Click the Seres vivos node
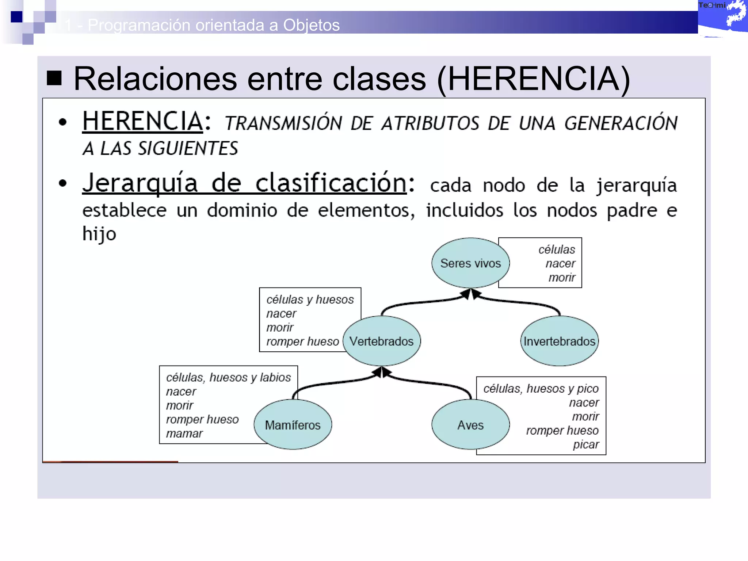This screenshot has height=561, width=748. (x=470, y=263)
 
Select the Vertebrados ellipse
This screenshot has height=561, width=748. (x=382, y=341)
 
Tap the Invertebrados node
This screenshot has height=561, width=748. (x=559, y=341)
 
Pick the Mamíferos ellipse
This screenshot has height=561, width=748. (x=293, y=425)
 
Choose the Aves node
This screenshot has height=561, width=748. (x=470, y=425)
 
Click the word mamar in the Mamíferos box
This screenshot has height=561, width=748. (x=184, y=434)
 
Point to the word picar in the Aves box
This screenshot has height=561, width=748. (x=586, y=444)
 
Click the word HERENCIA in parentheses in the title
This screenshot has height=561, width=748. (x=533, y=79)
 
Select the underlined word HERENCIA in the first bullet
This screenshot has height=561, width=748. (x=142, y=121)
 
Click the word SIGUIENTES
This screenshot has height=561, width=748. (x=188, y=149)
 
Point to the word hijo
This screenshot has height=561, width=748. (x=99, y=234)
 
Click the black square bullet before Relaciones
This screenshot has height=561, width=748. (x=54, y=78)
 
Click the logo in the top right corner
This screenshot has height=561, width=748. (x=722, y=17)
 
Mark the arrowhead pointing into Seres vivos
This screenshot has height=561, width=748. (x=470, y=293)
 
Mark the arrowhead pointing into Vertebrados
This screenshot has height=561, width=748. (x=381, y=372)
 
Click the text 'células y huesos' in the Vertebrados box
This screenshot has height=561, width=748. (x=310, y=299)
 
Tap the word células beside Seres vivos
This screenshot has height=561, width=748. (x=557, y=249)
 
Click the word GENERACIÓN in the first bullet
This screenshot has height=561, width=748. (x=621, y=123)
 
